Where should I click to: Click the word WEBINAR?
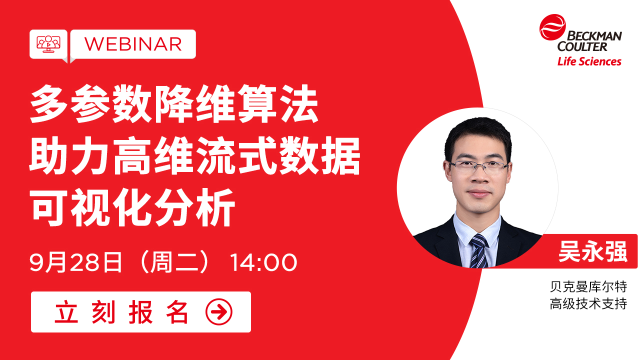point(133,44)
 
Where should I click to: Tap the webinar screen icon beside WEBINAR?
point(48,43)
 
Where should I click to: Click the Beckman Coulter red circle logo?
point(552,28)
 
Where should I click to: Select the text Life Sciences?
point(589,61)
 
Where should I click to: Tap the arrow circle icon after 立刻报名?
point(219,312)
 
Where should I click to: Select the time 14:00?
point(263,263)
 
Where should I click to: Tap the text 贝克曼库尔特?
point(588,287)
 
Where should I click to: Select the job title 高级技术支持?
point(588,303)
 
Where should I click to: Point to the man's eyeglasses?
point(478,167)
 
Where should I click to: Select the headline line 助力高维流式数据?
point(195,156)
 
